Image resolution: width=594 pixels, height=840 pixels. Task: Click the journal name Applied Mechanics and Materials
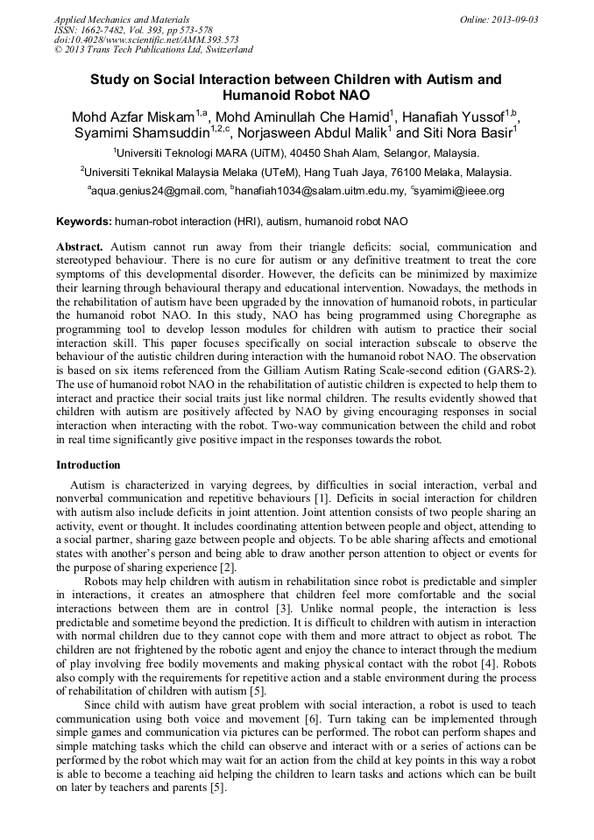pos(122,19)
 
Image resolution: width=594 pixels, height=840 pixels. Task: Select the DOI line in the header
pos(146,40)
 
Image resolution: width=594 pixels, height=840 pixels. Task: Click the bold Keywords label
pos(84,222)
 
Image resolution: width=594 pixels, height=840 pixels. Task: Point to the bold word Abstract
pos(80,248)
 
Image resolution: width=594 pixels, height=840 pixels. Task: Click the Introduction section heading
pos(88,464)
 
